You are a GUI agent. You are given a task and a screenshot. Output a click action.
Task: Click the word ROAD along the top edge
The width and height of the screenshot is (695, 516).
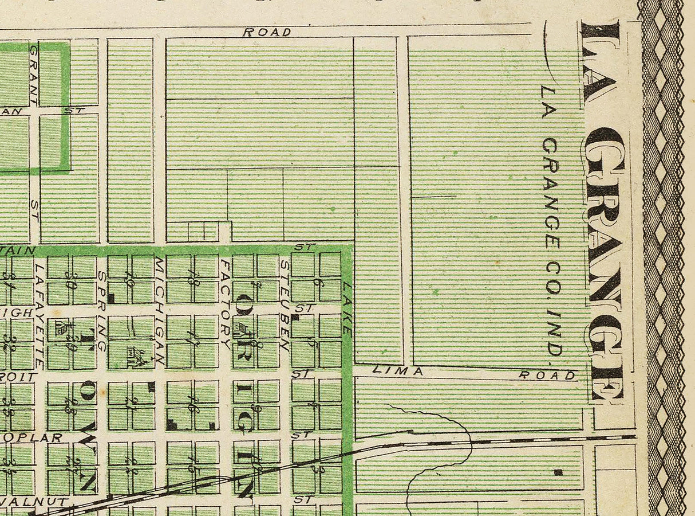[x=267, y=32]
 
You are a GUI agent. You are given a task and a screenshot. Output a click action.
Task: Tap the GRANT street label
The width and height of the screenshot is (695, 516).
[x=33, y=75]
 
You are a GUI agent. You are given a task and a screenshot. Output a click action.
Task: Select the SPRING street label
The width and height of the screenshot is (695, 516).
[x=102, y=311]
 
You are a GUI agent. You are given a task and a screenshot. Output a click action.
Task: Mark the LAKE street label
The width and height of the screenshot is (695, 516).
[x=347, y=308]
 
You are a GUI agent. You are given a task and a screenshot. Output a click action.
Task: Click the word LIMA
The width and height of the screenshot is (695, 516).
[x=397, y=371]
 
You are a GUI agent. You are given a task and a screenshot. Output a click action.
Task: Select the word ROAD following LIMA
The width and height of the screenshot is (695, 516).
[x=547, y=376]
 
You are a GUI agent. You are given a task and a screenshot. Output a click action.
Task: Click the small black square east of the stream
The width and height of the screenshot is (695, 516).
[x=558, y=472]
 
